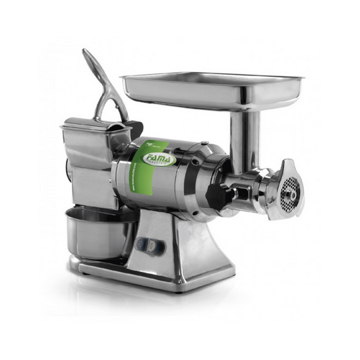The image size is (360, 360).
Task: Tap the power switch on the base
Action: [150, 245]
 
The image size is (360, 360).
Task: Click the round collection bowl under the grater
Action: [93, 237]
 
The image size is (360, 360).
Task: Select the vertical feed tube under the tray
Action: [237, 137]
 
